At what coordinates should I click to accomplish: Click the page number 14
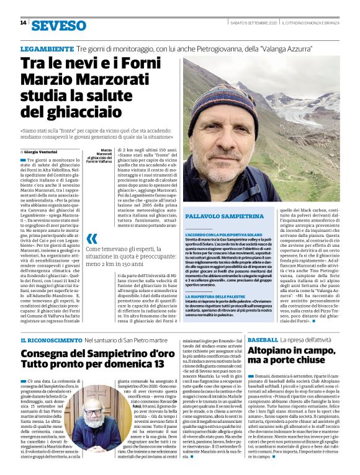(23, 23)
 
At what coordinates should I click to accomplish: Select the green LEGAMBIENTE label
(46, 48)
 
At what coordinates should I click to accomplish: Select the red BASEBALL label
(262, 340)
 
